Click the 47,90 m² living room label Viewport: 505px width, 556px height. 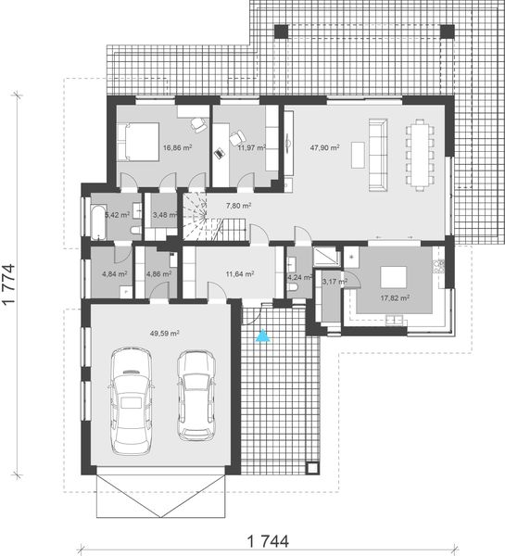pyautogui.click(x=324, y=146)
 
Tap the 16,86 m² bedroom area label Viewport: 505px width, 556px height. pyautogui.click(x=177, y=146)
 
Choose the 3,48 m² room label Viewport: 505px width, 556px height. pyautogui.click(x=165, y=215)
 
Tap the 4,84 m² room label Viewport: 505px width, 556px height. pyautogui.click(x=114, y=274)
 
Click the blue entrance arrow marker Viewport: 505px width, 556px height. pyautogui.click(x=263, y=335)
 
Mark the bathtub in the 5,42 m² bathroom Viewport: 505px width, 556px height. pyautogui.click(x=97, y=217)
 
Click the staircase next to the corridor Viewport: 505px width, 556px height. pyautogui.click(x=198, y=215)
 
